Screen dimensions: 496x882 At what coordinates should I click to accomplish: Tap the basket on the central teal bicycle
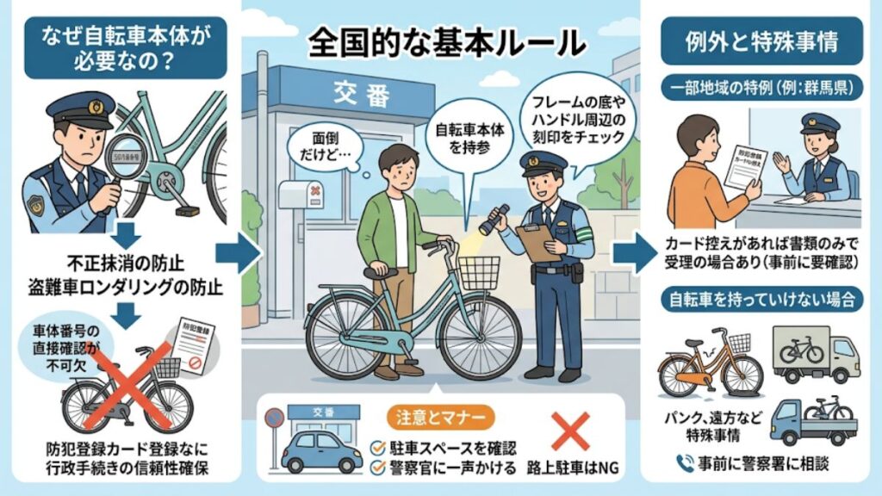pyautogui.click(x=478, y=273)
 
